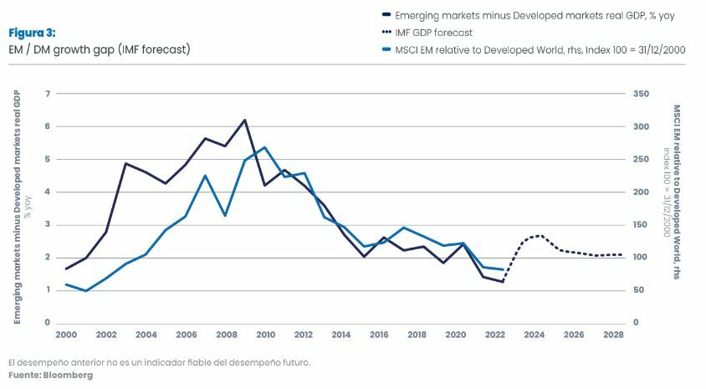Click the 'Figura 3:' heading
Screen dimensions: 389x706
click(x=32, y=33)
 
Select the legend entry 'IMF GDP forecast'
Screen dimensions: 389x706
click(x=433, y=33)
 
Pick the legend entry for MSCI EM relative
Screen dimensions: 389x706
click(x=540, y=50)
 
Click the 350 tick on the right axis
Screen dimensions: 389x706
click(x=640, y=94)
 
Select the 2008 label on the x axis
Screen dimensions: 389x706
click(x=225, y=335)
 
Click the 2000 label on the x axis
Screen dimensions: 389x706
click(x=66, y=335)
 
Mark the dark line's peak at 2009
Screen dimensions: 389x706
click(x=245, y=120)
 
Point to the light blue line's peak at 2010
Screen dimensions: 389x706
click(x=264, y=147)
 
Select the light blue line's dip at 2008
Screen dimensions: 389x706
click(x=225, y=216)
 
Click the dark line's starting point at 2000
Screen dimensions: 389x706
click(x=66, y=269)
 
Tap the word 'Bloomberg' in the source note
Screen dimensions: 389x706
click(x=70, y=376)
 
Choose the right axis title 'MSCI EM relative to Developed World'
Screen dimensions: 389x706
click(x=677, y=192)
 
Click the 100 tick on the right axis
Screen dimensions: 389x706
click(x=640, y=258)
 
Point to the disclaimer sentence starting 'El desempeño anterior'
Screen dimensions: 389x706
click(x=159, y=362)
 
